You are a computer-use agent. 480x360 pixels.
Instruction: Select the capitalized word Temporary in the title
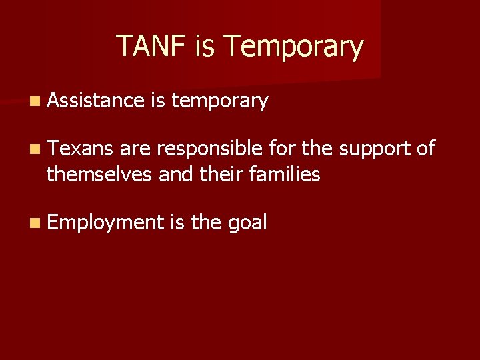pyautogui.click(x=293, y=47)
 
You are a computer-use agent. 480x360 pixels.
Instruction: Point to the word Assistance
pyautogui.click(x=95, y=101)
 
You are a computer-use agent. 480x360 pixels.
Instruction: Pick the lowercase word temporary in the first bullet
pyautogui.click(x=219, y=101)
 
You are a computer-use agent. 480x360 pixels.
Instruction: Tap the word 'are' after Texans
pyautogui.click(x=136, y=149)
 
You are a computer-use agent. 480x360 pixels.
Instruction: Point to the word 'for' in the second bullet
pyautogui.click(x=277, y=149)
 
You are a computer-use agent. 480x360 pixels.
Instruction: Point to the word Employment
pyautogui.click(x=105, y=223)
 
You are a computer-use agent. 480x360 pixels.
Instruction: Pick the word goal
pyautogui.click(x=247, y=223)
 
